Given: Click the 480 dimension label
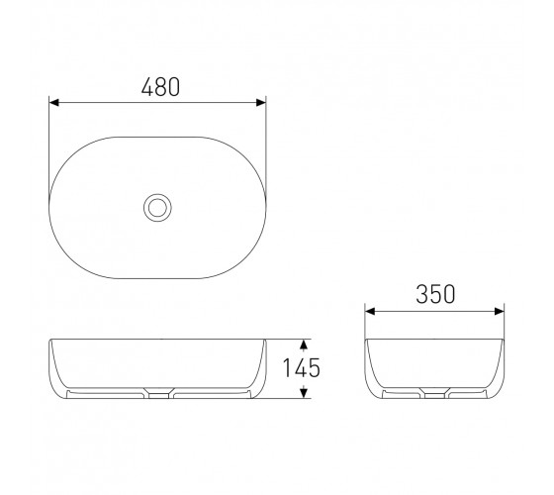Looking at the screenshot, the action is coord(160,87).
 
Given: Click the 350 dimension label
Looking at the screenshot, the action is coord(435,294).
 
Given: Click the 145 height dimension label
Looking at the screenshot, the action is coord(302,367).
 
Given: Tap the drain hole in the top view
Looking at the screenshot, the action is coord(157,208).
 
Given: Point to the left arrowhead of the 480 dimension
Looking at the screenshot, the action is coord(53,103).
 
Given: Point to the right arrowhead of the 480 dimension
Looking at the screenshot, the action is coord(261,103).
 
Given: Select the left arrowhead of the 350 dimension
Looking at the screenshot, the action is coord(370,312).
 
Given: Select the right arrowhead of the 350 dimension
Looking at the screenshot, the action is coord(500,312).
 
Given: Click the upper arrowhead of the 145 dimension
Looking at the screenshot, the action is coord(304,345).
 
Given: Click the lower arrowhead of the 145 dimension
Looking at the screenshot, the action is coord(304,393).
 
